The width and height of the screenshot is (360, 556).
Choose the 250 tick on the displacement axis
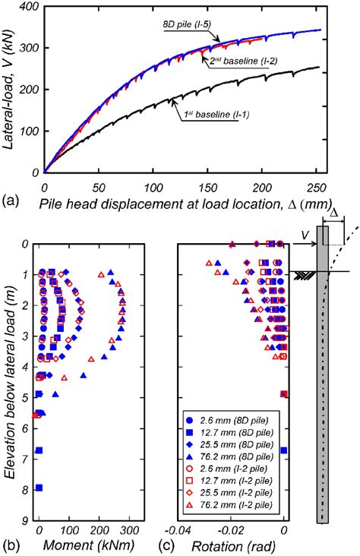pos(316,186)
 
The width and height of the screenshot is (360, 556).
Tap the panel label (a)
pos(10,201)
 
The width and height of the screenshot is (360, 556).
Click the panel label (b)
pos(10,545)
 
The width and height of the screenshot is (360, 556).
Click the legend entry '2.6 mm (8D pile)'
pos(232,419)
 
